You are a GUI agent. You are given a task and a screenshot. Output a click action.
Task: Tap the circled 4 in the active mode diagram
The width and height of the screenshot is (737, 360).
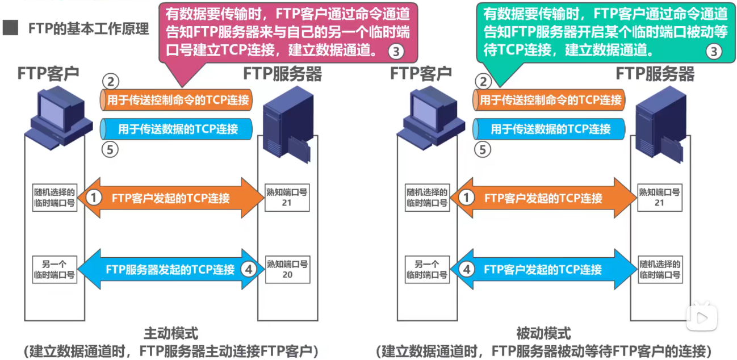pyautogui.click(x=247, y=270)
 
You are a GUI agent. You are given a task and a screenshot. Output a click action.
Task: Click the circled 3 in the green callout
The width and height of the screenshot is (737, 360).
pyautogui.click(x=714, y=52)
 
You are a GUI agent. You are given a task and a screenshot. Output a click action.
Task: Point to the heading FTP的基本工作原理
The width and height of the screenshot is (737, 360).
pyautogui.click(x=89, y=28)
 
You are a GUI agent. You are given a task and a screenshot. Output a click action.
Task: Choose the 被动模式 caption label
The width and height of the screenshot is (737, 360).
pyautogui.click(x=543, y=333)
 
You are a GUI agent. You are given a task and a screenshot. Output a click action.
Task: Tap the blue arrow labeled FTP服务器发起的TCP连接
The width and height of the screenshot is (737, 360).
pyautogui.click(x=170, y=270)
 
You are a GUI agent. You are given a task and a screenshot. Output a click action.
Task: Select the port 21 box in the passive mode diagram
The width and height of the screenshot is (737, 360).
pyautogui.click(x=659, y=197)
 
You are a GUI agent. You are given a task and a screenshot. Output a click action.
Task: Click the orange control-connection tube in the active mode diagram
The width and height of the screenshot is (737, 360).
pyautogui.click(x=177, y=101)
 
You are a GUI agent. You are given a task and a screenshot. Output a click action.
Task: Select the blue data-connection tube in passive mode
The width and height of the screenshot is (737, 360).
pyautogui.click(x=549, y=129)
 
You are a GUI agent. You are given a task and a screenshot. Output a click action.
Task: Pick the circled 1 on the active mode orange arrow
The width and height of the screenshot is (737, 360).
pyautogui.click(x=95, y=198)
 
